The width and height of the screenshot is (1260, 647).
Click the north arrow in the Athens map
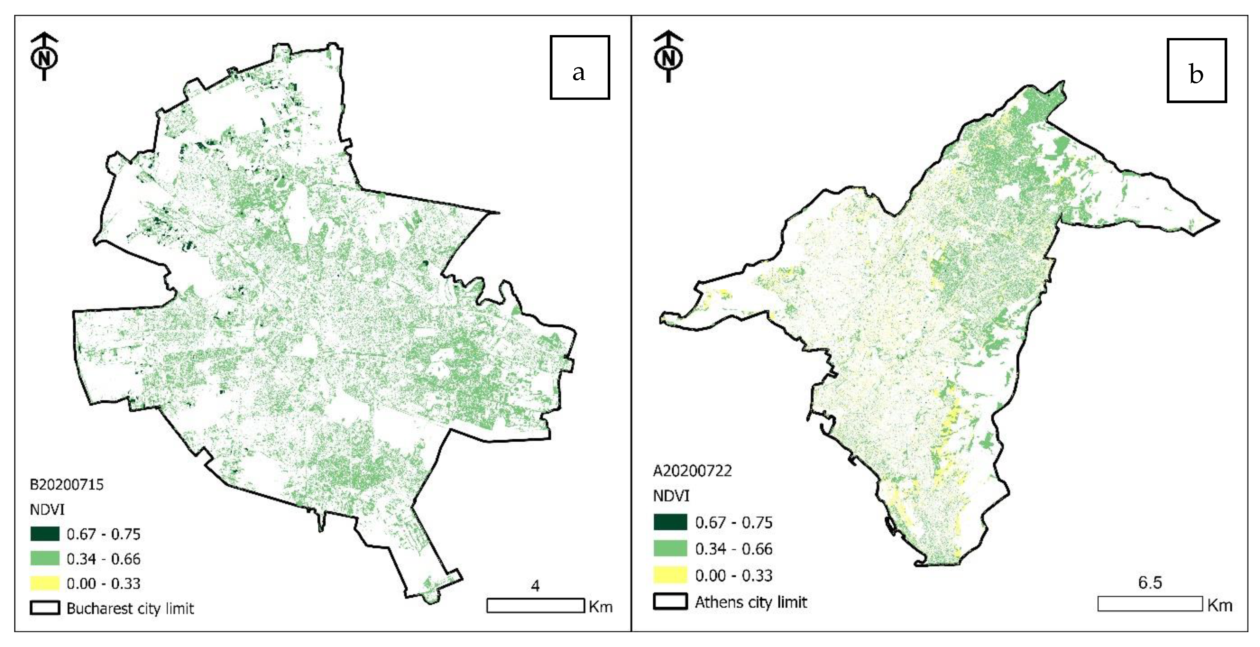pos(669,57)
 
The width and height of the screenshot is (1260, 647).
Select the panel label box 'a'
pos(580,67)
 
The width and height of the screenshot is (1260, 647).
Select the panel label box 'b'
pos(1197,70)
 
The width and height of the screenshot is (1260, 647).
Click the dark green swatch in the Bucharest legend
pos(45,534)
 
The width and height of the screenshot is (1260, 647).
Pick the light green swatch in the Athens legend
pos(670,549)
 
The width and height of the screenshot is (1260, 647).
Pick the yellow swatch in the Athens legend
pos(670,575)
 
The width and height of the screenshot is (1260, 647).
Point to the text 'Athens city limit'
pos(751,602)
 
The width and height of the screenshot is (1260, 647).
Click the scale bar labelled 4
pos(536,605)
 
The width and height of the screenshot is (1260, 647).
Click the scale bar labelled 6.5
pos(1150,603)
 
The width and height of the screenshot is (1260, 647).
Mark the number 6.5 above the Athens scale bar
pos(1150,583)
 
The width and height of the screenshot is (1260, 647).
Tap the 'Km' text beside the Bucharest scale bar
pos(601,607)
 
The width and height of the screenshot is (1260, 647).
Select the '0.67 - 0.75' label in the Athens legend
pos(734,523)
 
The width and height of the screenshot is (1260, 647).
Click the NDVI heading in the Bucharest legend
pos(47,509)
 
